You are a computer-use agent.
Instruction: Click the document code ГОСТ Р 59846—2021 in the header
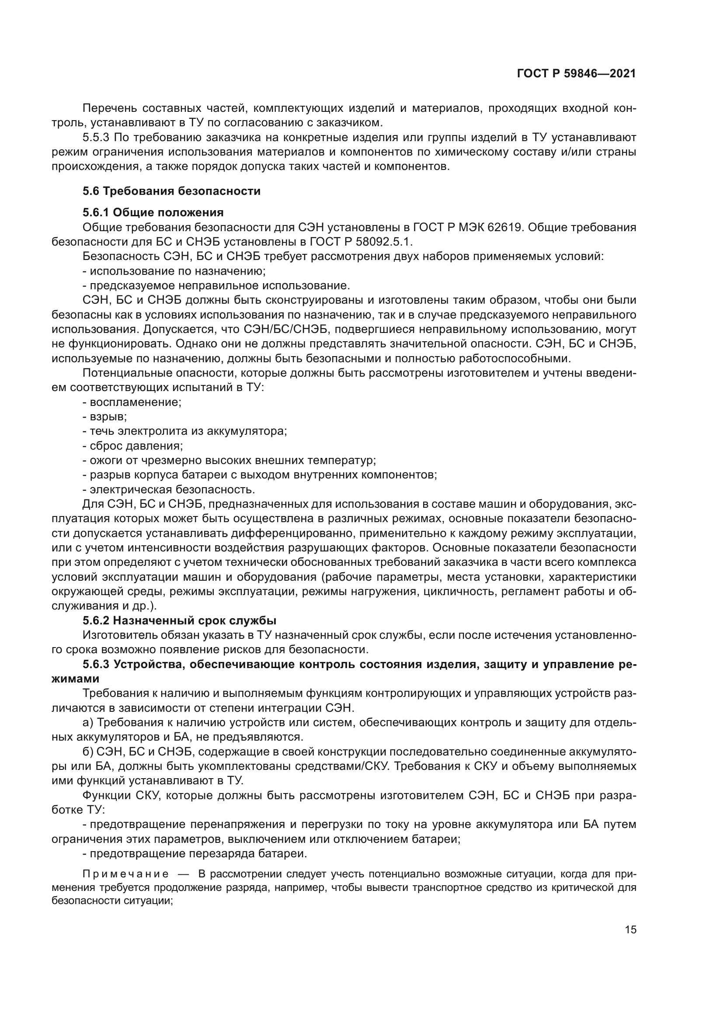click(576, 74)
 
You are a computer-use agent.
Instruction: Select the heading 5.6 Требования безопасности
click(171, 191)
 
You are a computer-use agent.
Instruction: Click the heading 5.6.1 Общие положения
click(153, 212)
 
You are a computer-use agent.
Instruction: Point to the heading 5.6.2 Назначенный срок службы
click(179, 620)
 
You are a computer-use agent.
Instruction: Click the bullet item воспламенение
click(136, 402)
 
